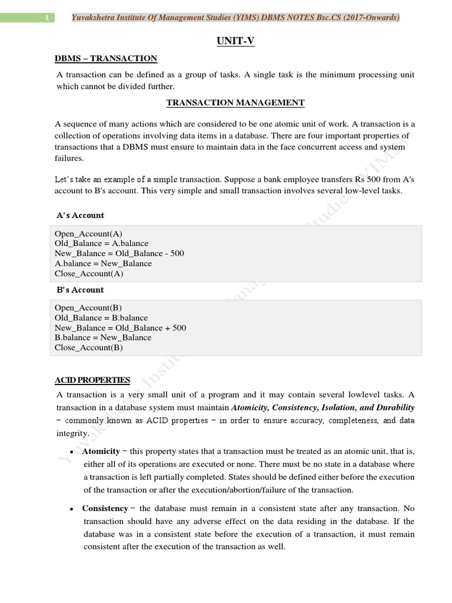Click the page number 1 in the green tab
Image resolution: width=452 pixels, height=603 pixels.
pos(46,18)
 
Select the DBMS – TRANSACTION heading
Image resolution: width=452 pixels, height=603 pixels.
pos(106,58)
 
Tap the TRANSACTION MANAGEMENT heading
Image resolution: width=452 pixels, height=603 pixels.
pos(235,102)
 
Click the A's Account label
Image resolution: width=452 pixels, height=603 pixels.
pos(80,215)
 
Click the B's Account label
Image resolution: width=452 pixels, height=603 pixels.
pos(80,290)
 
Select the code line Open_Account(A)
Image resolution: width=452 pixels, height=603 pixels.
pos(88,233)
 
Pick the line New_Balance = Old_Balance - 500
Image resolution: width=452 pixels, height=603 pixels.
pos(119,253)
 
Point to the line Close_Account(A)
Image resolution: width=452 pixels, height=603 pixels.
pos(89,273)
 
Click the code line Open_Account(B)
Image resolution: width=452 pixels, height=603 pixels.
pos(88,307)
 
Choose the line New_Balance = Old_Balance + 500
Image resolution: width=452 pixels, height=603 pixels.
pos(120,327)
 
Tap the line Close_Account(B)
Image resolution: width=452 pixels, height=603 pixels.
pos(89,347)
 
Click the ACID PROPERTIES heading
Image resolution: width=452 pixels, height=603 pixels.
pos(92,380)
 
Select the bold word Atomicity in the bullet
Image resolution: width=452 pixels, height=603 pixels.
pos(101,451)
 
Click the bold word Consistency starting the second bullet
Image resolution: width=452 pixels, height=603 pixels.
pos(105,508)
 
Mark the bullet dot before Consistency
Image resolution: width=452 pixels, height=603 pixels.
pos(71,509)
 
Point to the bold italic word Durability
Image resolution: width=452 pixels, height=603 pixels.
pos(395,407)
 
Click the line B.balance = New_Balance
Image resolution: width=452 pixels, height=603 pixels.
pos(103,337)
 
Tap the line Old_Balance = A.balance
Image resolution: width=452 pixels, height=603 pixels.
pos(101,243)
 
